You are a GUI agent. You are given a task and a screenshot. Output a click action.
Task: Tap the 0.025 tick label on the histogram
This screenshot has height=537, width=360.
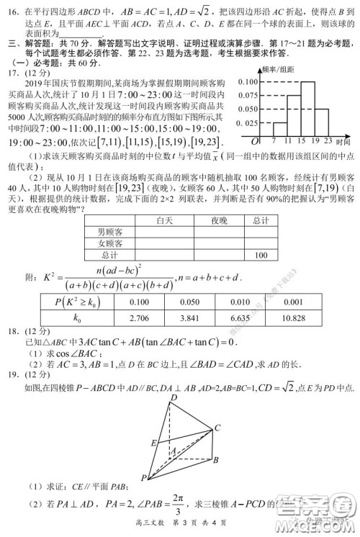pyautogui.click(x=248, y=123)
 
